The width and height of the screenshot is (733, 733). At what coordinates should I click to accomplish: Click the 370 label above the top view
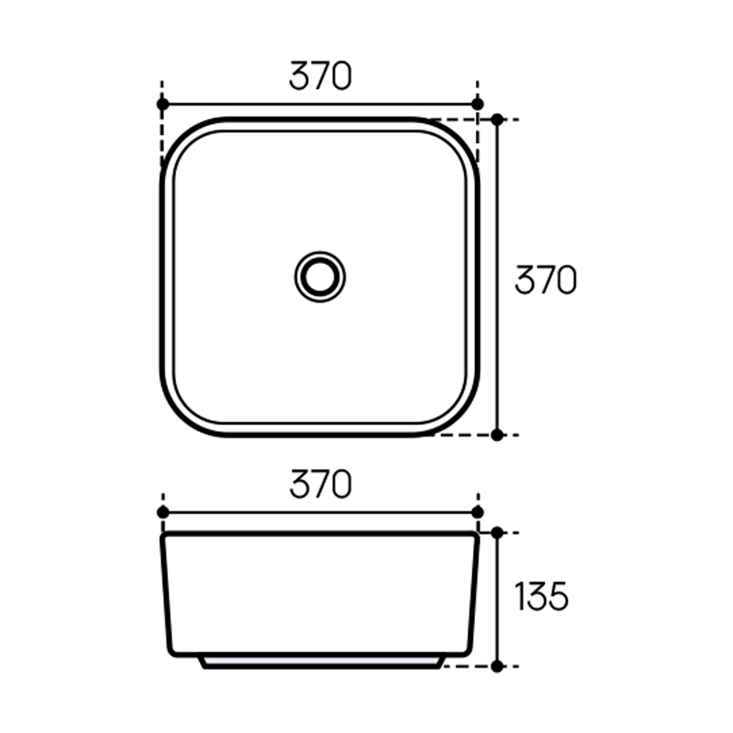(320, 75)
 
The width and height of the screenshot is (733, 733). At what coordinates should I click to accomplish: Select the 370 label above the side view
(320, 484)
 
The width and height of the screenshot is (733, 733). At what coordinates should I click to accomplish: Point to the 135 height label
(542, 596)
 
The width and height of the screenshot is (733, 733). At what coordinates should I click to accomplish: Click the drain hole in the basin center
(320, 277)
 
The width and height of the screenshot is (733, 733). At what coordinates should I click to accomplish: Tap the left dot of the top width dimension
(163, 104)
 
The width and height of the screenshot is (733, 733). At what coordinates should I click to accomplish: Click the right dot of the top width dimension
(477, 104)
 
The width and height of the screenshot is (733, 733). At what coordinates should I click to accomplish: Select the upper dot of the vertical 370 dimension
(498, 119)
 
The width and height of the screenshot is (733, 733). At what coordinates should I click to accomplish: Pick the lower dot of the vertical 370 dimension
(498, 435)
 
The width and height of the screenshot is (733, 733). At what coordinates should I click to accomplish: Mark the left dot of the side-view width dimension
(163, 512)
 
